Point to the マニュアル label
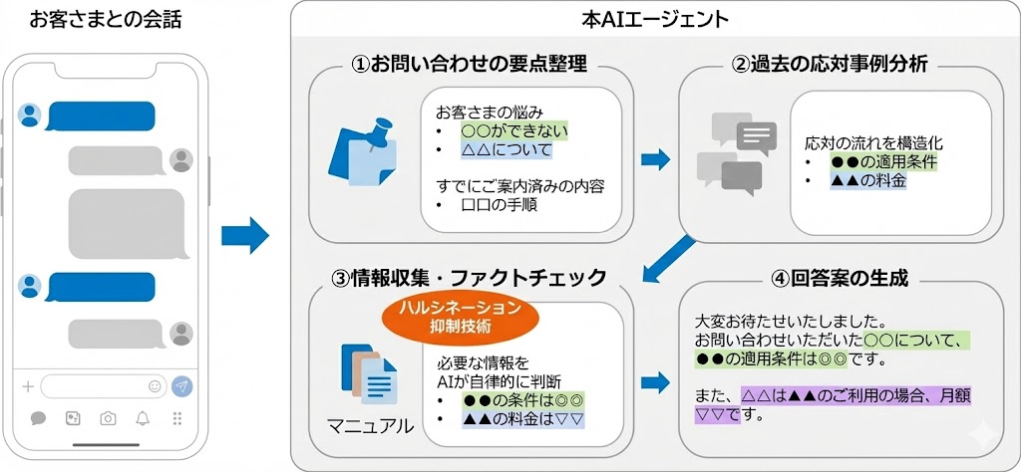(370, 426)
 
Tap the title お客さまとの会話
(106, 19)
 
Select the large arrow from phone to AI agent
(245, 236)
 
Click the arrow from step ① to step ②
(655, 158)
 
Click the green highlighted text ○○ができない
(506, 130)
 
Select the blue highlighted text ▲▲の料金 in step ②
(867, 180)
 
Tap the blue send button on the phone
(181, 385)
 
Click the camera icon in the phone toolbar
(108, 418)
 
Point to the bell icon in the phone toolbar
(143, 418)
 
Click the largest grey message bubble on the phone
(126, 224)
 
